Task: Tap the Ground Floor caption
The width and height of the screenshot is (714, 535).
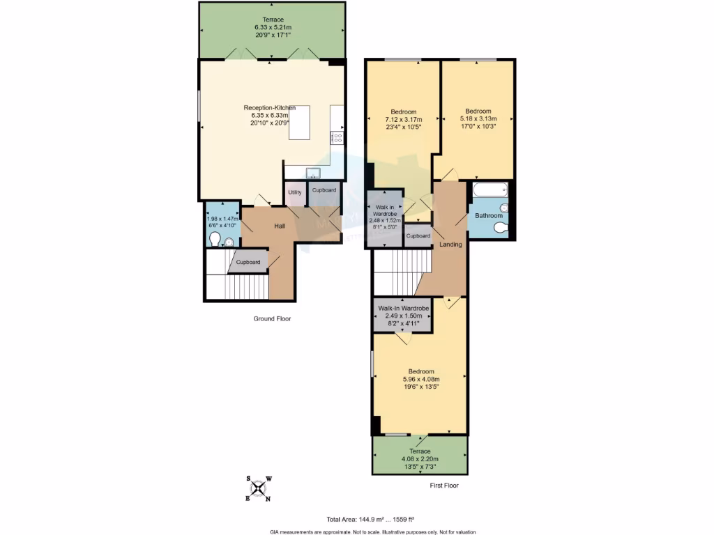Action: (x=271, y=318)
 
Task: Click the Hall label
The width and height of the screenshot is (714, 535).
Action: (x=279, y=226)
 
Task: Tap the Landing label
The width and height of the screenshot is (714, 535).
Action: (x=450, y=245)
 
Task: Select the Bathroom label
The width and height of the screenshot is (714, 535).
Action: (x=489, y=216)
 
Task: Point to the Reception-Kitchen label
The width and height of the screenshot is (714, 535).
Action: (x=269, y=107)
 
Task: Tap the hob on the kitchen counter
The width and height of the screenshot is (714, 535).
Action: (x=337, y=137)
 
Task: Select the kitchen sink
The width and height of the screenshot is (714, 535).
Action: (x=312, y=173)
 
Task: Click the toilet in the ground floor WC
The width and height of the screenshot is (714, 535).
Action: (x=215, y=241)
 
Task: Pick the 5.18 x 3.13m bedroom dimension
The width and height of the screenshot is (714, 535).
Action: (x=478, y=118)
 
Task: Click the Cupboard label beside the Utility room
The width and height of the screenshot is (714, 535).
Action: (x=324, y=190)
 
